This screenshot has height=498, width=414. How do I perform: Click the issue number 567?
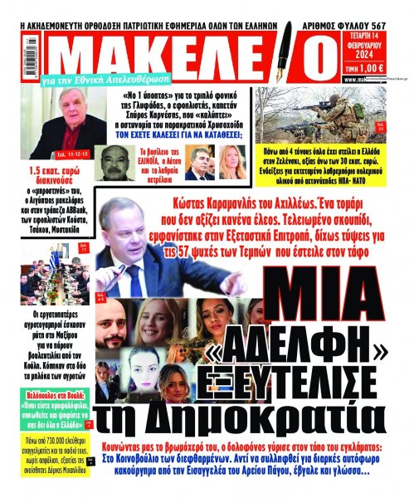click(x=394, y=8)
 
